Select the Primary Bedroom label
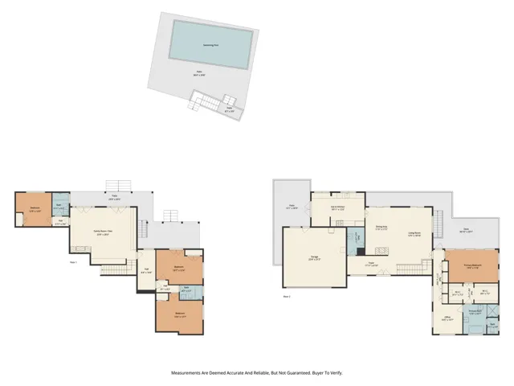pos(471,265)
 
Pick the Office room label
pos(447,318)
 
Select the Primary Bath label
pos(475,310)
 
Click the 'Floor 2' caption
pos(287,296)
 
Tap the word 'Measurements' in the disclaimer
pos(191,372)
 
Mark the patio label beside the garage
pos(292,207)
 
